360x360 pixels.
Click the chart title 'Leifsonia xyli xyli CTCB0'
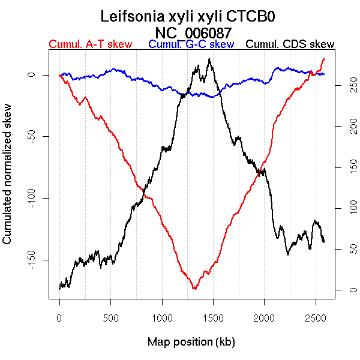coord(188,16)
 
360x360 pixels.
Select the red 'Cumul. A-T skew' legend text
coord(90,44)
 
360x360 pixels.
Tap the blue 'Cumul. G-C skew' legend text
coord(191,44)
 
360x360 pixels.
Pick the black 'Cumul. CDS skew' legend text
coord(290,44)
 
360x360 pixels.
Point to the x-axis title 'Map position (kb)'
coord(191,342)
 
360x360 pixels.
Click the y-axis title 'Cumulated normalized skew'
coord(8,181)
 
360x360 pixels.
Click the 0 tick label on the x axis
coord(59,317)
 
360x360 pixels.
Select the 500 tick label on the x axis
coord(111,317)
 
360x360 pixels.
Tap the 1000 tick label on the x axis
coord(162,317)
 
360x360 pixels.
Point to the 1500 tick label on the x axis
coord(213,317)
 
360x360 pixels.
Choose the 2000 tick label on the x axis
coord(265,317)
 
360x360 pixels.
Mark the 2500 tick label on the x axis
coord(316,317)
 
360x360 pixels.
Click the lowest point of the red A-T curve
coord(194,289)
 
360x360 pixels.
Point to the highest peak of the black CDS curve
coord(209,58)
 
